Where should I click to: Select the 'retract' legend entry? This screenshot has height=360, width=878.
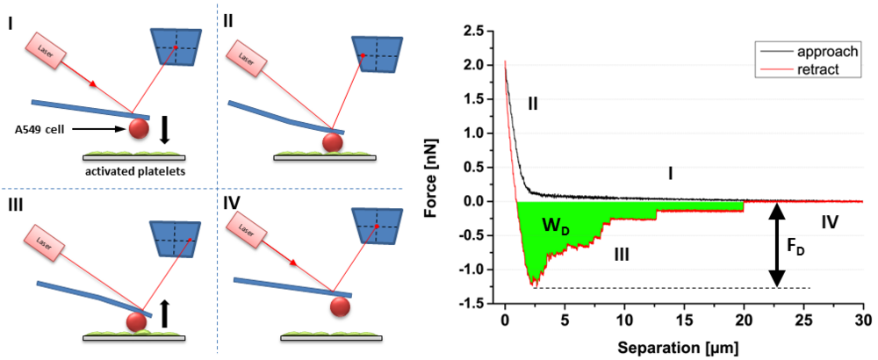pyautogui.click(x=816, y=68)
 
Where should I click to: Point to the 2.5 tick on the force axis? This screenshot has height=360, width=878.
pyautogui.click(x=479, y=31)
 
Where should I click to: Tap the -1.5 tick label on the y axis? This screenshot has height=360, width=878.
pyautogui.click(x=477, y=304)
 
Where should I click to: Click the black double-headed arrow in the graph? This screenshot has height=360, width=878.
pyautogui.click(x=775, y=245)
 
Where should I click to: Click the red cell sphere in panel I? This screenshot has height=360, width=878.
pyautogui.click(x=139, y=129)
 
